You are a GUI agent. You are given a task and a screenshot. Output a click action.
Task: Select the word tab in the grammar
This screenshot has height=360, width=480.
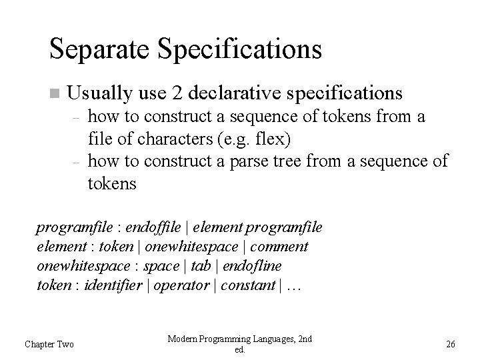(x=199, y=266)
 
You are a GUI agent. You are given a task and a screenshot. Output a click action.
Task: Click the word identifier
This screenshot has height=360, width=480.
(x=113, y=285)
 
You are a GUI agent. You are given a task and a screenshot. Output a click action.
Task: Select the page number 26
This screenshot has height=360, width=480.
(x=451, y=344)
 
